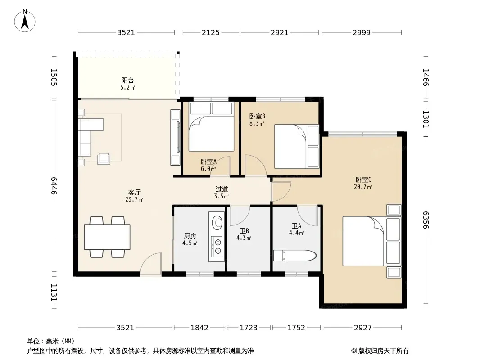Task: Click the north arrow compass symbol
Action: click(x=25, y=21)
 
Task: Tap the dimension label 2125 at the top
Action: click(x=211, y=32)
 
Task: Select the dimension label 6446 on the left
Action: click(x=54, y=186)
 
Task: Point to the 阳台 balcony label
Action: click(x=127, y=81)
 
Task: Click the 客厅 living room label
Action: click(x=134, y=193)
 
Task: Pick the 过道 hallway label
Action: click(x=222, y=189)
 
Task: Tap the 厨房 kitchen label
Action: click(x=190, y=236)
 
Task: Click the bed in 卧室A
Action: click(x=211, y=126)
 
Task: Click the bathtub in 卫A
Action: click(x=294, y=256)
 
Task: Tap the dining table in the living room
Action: click(x=107, y=237)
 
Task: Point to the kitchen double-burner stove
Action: click(x=217, y=247)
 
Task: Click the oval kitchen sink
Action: click(x=217, y=222)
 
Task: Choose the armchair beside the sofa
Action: click(x=104, y=159)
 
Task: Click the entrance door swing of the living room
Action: click(x=150, y=265)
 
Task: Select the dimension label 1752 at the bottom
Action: click(x=296, y=328)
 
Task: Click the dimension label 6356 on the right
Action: click(x=426, y=220)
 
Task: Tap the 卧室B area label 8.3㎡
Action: click(x=257, y=124)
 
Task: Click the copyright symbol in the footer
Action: click(x=353, y=351)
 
